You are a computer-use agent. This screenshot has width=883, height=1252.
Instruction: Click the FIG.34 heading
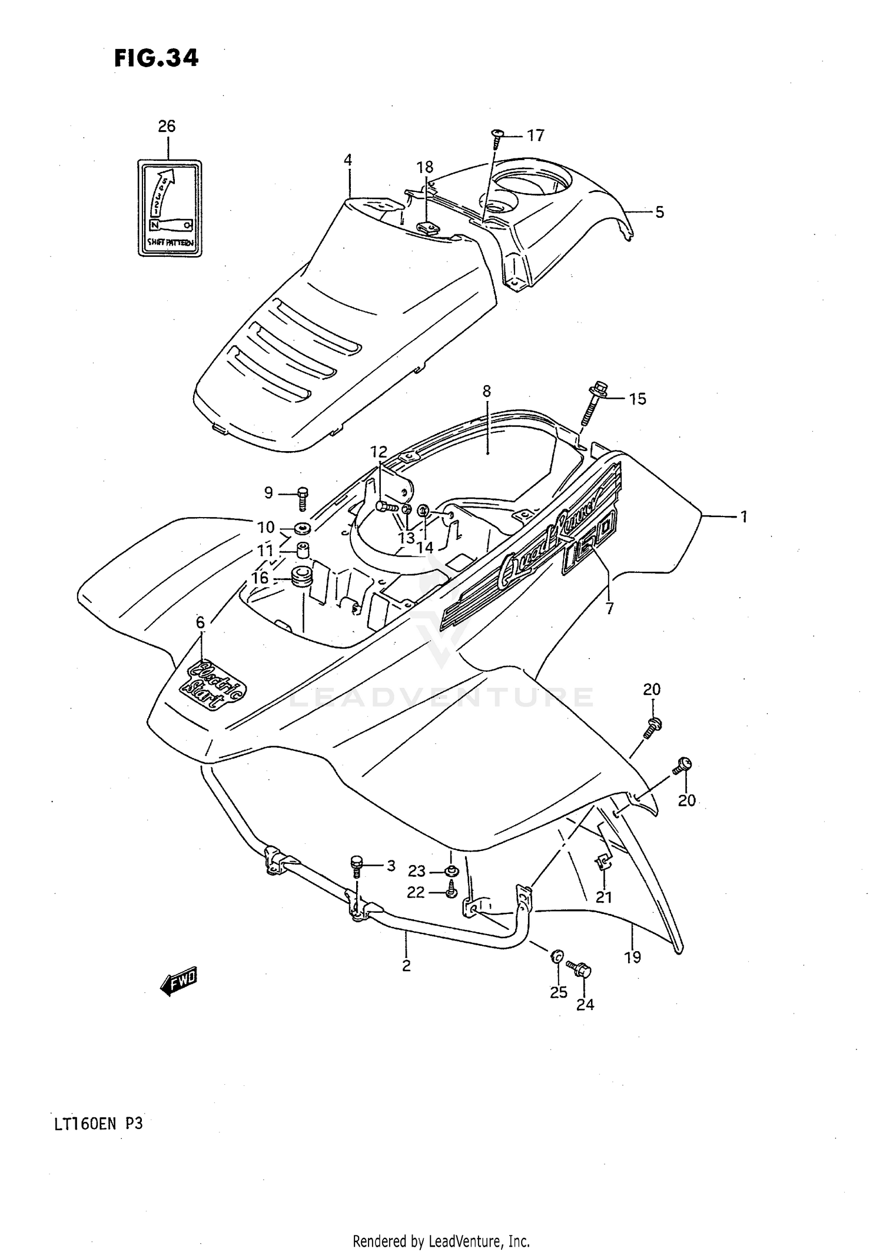point(156,58)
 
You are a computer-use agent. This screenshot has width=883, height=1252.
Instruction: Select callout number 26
point(167,126)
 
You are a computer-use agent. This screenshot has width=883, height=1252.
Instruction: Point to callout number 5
point(659,213)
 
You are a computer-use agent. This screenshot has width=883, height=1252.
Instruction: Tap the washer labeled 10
point(303,528)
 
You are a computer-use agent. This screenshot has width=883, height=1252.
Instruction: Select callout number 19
point(632,957)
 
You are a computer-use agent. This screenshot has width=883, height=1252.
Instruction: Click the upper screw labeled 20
point(652,726)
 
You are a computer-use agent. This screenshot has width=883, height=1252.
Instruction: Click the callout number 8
point(486,392)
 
